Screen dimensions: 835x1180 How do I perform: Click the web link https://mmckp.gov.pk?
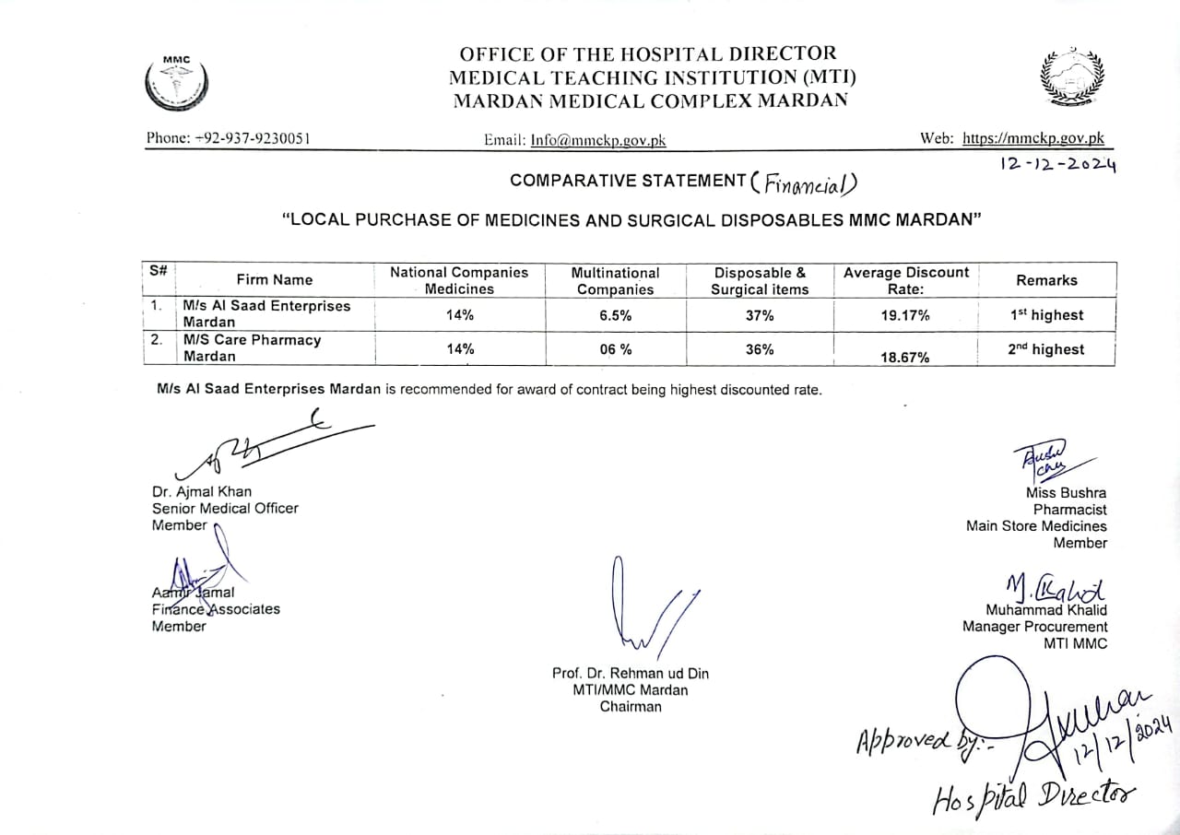coord(1032,139)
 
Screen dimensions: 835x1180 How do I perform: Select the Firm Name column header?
coord(274,280)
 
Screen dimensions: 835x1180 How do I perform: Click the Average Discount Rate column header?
coord(905,280)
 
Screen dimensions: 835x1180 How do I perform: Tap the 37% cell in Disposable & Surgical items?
coord(760,315)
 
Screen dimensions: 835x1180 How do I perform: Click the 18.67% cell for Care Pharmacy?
coord(905,357)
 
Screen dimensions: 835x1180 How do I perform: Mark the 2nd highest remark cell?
coord(1046,350)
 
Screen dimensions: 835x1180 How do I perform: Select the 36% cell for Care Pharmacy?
coord(760,350)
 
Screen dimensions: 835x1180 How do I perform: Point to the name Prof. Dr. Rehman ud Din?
coord(631,674)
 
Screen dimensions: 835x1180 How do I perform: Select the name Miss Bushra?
coord(1067,493)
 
